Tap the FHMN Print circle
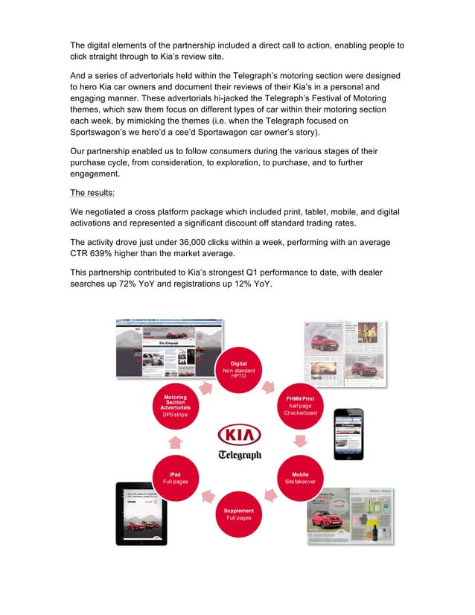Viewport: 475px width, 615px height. tap(301, 406)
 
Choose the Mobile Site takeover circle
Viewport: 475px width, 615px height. tap(301, 478)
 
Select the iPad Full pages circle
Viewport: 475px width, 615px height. tap(176, 478)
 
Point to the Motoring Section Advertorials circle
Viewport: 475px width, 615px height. tap(176, 407)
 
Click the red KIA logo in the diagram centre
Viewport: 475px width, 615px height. tap(238, 434)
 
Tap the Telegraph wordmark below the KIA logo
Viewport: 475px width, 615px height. tap(239, 454)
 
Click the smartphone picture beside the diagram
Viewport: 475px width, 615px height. tap(348, 433)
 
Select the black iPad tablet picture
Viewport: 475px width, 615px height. tap(141, 513)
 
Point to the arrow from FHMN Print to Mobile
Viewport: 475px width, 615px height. tap(301, 442)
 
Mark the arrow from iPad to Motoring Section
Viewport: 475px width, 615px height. tap(176, 443)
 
